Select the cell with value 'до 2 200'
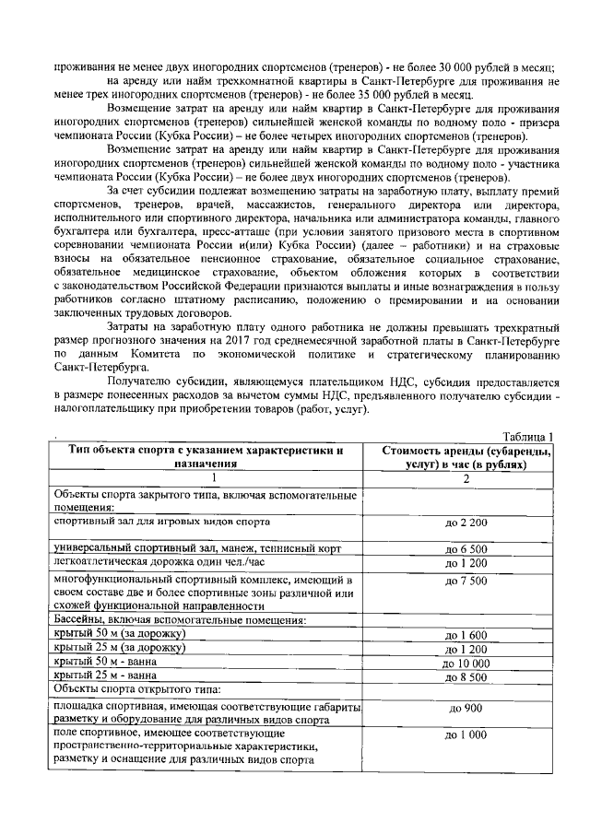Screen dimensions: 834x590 [472, 523]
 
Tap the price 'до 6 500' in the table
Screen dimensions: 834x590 [472, 548]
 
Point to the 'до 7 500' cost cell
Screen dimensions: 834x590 [472, 581]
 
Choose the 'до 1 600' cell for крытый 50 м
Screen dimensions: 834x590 [472, 635]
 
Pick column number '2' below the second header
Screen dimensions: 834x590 [466, 478]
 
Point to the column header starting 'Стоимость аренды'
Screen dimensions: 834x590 [466, 457]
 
